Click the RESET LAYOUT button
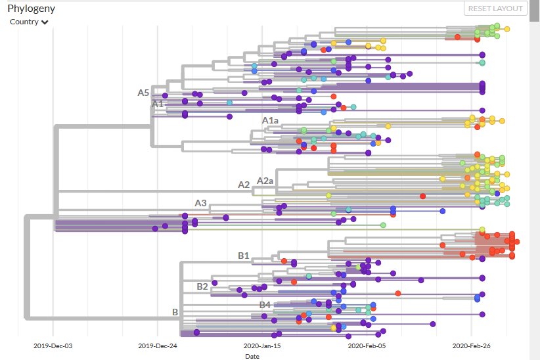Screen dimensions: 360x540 (x=496, y=9)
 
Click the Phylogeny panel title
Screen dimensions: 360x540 (x=32, y=9)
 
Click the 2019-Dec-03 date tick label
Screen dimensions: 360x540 (x=53, y=346)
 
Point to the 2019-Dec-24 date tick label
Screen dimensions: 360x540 (x=157, y=346)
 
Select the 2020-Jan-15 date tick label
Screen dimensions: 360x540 (x=261, y=346)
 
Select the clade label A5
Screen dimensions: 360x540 (x=143, y=93)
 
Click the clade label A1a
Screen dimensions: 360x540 (x=270, y=120)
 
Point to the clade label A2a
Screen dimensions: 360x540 (x=265, y=181)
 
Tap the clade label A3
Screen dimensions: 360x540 (x=200, y=203)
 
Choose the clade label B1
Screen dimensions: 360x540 (x=243, y=255)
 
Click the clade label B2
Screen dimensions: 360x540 (x=202, y=286)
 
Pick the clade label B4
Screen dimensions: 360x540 (x=265, y=305)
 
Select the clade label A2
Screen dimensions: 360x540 (x=244, y=185)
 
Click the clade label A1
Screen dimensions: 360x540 (x=158, y=104)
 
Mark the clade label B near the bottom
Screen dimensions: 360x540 (x=175, y=312)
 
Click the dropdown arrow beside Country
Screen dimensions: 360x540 (x=45, y=22)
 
